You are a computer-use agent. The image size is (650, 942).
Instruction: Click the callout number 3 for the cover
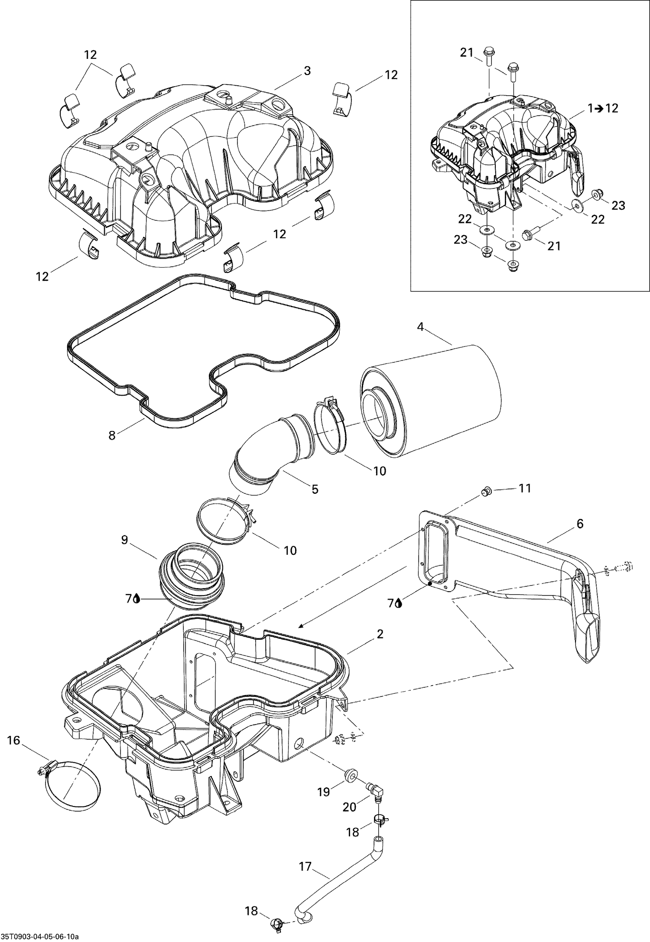point(307,71)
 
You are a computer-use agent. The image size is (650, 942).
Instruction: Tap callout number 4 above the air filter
point(420,327)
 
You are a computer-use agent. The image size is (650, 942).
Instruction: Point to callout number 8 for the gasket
point(112,435)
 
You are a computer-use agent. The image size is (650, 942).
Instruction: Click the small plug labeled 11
point(487,491)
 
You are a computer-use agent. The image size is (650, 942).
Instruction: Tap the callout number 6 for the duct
point(580,524)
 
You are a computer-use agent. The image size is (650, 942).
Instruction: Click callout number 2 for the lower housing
point(380,634)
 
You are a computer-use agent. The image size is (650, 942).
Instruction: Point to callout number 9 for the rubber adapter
point(125,540)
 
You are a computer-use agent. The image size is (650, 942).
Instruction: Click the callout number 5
point(315,489)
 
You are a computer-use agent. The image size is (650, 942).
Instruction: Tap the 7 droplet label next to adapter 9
point(133,599)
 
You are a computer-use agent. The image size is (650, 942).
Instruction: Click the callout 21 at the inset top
point(466,52)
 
